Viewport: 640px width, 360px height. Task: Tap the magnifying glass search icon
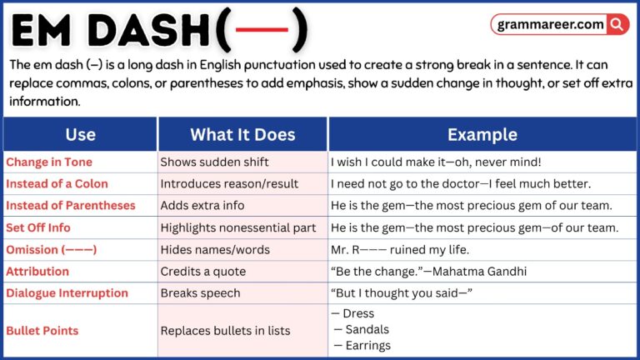point(617,24)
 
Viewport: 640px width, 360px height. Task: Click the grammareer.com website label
point(550,24)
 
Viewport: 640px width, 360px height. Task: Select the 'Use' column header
point(80,134)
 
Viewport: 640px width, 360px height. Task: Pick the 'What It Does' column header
point(242,134)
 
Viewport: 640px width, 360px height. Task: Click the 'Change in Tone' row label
point(49,162)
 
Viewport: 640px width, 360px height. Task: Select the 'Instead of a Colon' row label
point(57,183)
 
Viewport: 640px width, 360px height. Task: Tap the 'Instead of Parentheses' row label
point(70,205)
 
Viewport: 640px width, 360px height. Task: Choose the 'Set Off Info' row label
point(38,227)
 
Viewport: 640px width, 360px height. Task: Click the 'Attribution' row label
point(37,271)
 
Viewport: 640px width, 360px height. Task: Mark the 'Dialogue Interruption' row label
point(67,292)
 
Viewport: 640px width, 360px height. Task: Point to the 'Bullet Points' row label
point(42,330)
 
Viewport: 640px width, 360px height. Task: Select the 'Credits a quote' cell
point(202,271)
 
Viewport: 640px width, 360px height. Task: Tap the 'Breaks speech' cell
point(200,292)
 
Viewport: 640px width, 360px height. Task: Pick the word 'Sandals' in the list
point(367,329)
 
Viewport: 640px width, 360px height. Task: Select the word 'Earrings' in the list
point(367,345)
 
